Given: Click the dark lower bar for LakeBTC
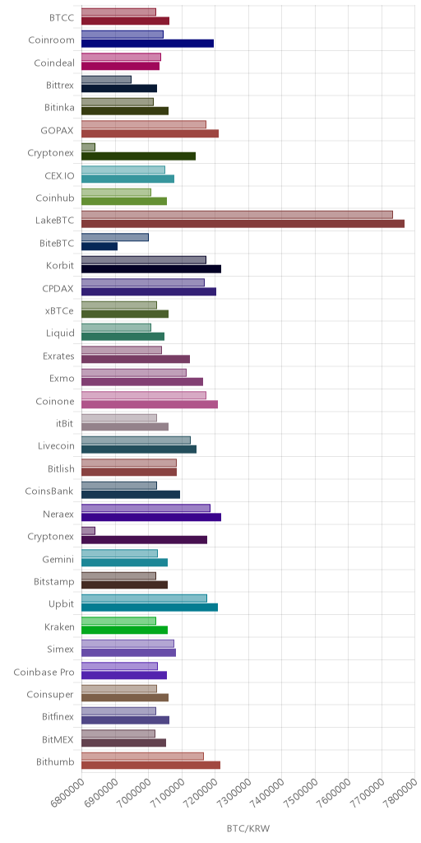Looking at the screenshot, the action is (x=243, y=224).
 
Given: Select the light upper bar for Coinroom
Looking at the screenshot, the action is (x=123, y=35).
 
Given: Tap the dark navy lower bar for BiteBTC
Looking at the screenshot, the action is (x=99, y=246).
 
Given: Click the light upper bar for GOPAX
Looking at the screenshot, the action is (x=144, y=125).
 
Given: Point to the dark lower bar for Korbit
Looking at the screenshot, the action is (x=151, y=269).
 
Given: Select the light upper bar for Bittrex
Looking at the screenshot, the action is (x=106, y=80).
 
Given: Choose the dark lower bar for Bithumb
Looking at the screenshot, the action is (x=151, y=766).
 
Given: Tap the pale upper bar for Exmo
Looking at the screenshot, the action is (x=134, y=373).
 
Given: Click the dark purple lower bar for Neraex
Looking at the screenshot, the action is (x=151, y=517).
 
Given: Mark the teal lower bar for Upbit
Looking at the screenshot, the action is (x=150, y=608).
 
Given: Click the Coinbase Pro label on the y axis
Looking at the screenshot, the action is (x=44, y=672).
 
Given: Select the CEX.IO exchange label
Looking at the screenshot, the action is (x=59, y=175).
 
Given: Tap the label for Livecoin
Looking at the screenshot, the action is (x=57, y=445).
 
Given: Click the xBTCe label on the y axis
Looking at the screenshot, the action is (x=60, y=310).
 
